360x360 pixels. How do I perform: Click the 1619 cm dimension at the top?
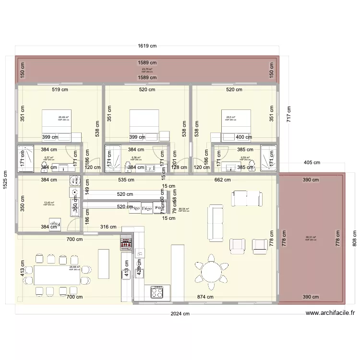pos(147,46)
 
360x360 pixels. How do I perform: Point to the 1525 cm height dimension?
pos(5,181)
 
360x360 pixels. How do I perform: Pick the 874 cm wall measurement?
pos(205,297)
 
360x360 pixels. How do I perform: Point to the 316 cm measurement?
pos(108,227)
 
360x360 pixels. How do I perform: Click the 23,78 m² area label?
pos(147,70)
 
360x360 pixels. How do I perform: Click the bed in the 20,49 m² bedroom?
pos(57,123)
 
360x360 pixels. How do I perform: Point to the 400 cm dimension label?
pos(244,137)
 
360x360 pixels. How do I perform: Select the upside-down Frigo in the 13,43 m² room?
pos(56,224)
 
